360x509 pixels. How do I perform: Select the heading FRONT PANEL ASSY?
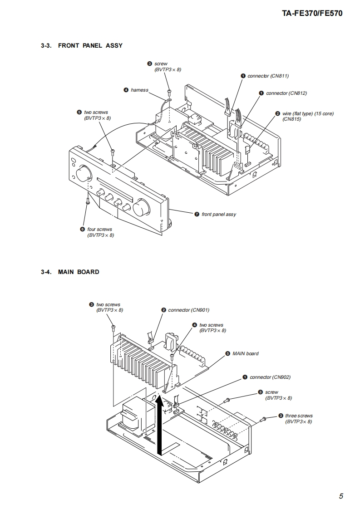90,46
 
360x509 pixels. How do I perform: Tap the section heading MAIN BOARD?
78,272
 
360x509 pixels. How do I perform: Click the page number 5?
341,496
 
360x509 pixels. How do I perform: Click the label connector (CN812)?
286,93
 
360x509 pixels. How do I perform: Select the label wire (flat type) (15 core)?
307,113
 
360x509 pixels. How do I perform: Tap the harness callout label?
139,90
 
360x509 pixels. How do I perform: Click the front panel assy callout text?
218,214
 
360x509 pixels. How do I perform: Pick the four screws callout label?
99,230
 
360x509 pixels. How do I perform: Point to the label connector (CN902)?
270,377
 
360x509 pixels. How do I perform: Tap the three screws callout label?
298,416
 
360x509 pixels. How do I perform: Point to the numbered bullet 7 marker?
197,214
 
